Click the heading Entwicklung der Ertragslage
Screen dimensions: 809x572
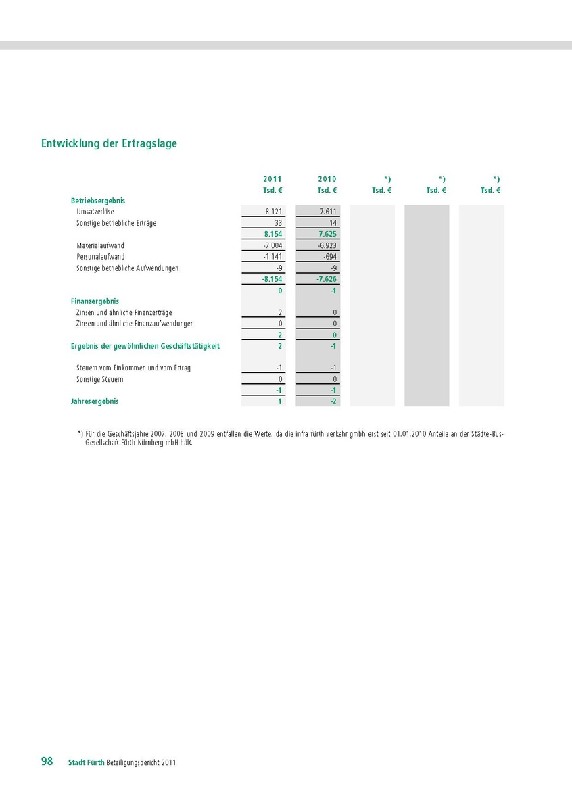click(109, 143)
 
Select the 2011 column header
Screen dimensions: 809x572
click(272, 179)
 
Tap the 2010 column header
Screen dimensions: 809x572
click(327, 179)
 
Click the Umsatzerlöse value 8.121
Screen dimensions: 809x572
click(274, 212)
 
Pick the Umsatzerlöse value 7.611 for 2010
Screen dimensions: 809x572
click(328, 212)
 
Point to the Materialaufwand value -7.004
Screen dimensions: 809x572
click(272, 245)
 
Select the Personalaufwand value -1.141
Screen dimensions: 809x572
click(272, 257)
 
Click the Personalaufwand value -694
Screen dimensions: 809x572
click(330, 257)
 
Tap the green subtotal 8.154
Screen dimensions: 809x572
click(273, 234)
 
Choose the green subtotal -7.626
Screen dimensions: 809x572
click(327, 278)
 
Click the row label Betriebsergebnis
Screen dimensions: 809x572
click(98, 201)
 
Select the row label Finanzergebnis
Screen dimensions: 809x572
click(95, 301)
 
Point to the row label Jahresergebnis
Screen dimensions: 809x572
click(95, 401)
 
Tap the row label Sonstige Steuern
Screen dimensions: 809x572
click(100, 379)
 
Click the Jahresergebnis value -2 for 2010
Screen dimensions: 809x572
click(333, 401)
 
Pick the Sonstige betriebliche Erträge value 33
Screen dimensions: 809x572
click(278, 222)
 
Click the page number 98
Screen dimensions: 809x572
click(47, 761)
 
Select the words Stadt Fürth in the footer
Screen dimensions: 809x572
click(86, 762)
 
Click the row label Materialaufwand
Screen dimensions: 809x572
click(101, 245)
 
